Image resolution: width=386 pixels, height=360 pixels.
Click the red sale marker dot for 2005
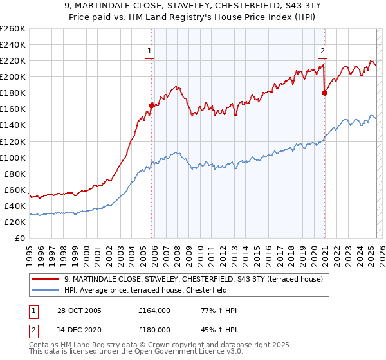click(x=152, y=105)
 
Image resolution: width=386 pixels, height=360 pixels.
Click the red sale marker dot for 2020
click(x=324, y=93)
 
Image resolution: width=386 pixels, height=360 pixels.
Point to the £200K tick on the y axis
click(x=14, y=76)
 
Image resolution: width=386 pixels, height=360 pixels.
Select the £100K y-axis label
click(x=14, y=157)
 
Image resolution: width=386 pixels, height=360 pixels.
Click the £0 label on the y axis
click(x=20, y=238)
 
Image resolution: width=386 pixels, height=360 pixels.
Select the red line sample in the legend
click(x=46, y=279)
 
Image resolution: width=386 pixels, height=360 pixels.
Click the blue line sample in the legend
click(x=46, y=290)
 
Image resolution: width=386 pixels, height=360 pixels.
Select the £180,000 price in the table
click(x=154, y=329)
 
